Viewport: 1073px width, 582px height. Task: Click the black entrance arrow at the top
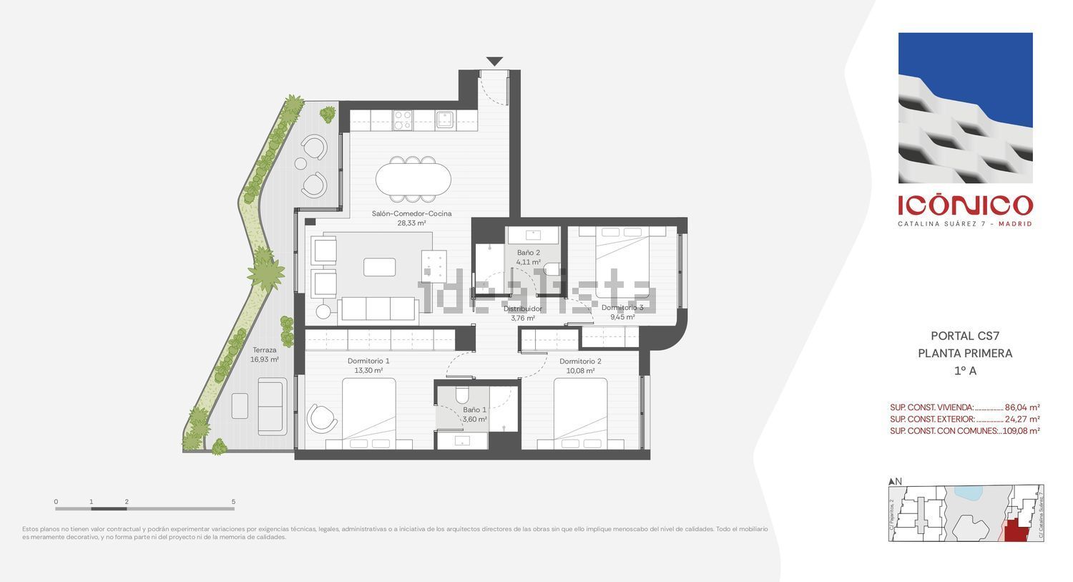click(x=494, y=62)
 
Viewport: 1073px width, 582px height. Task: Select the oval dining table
click(x=413, y=179)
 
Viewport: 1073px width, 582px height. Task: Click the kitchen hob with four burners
click(x=403, y=119)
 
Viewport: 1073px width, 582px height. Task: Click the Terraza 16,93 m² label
click(x=264, y=355)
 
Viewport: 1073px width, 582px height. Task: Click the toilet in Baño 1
click(x=461, y=395)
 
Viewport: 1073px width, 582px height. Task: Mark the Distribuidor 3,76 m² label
click(x=522, y=314)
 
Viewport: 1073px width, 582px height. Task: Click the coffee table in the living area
click(x=379, y=267)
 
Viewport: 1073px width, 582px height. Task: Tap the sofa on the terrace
click(x=272, y=406)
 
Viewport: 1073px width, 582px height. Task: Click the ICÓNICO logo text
click(x=965, y=205)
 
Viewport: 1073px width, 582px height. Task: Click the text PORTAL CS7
click(x=964, y=336)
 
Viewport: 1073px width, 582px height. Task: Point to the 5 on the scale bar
click(x=233, y=502)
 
